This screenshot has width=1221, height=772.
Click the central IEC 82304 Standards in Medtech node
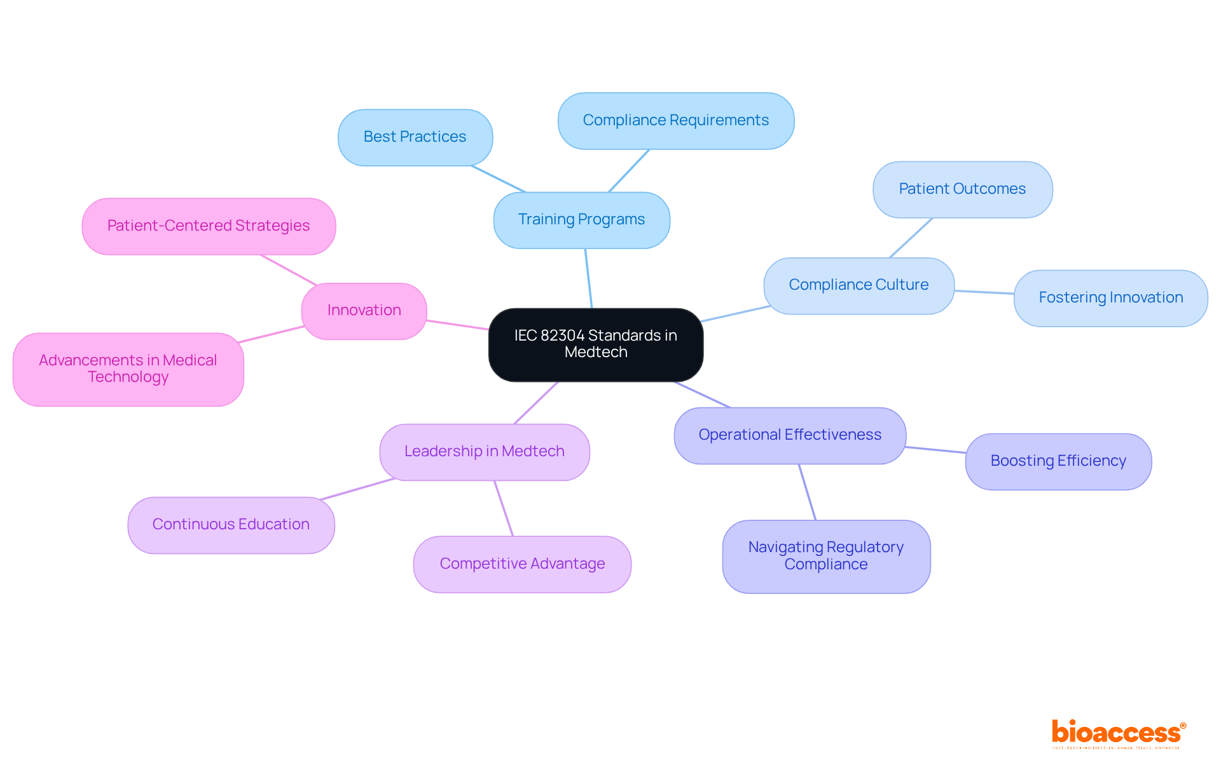(x=595, y=344)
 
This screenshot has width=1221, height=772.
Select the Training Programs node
(x=581, y=220)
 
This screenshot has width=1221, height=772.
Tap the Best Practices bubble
(x=415, y=137)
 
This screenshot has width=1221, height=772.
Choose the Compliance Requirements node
(x=675, y=121)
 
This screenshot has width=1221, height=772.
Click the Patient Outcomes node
(x=962, y=189)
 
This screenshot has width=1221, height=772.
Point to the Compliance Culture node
(x=859, y=285)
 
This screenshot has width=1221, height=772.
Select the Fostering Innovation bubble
(x=1110, y=298)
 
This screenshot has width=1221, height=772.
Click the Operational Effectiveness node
(x=790, y=435)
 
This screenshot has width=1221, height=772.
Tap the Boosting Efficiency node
(x=1058, y=461)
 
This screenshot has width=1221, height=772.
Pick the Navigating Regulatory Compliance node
(x=825, y=556)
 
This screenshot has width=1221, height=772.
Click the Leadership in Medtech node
(x=484, y=452)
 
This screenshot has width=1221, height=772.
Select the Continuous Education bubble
(x=231, y=525)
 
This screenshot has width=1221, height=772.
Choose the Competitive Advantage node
(x=522, y=564)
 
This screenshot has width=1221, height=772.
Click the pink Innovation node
(x=364, y=311)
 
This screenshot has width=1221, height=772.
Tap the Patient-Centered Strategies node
(x=209, y=226)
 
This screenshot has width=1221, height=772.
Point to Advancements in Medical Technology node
(x=128, y=369)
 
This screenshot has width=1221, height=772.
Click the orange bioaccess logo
(x=1117, y=733)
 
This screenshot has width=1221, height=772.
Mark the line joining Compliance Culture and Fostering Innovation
(x=984, y=292)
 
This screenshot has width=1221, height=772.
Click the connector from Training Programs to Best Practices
(x=499, y=179)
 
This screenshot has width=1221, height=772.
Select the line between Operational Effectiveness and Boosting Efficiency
(x=935, y=450)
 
